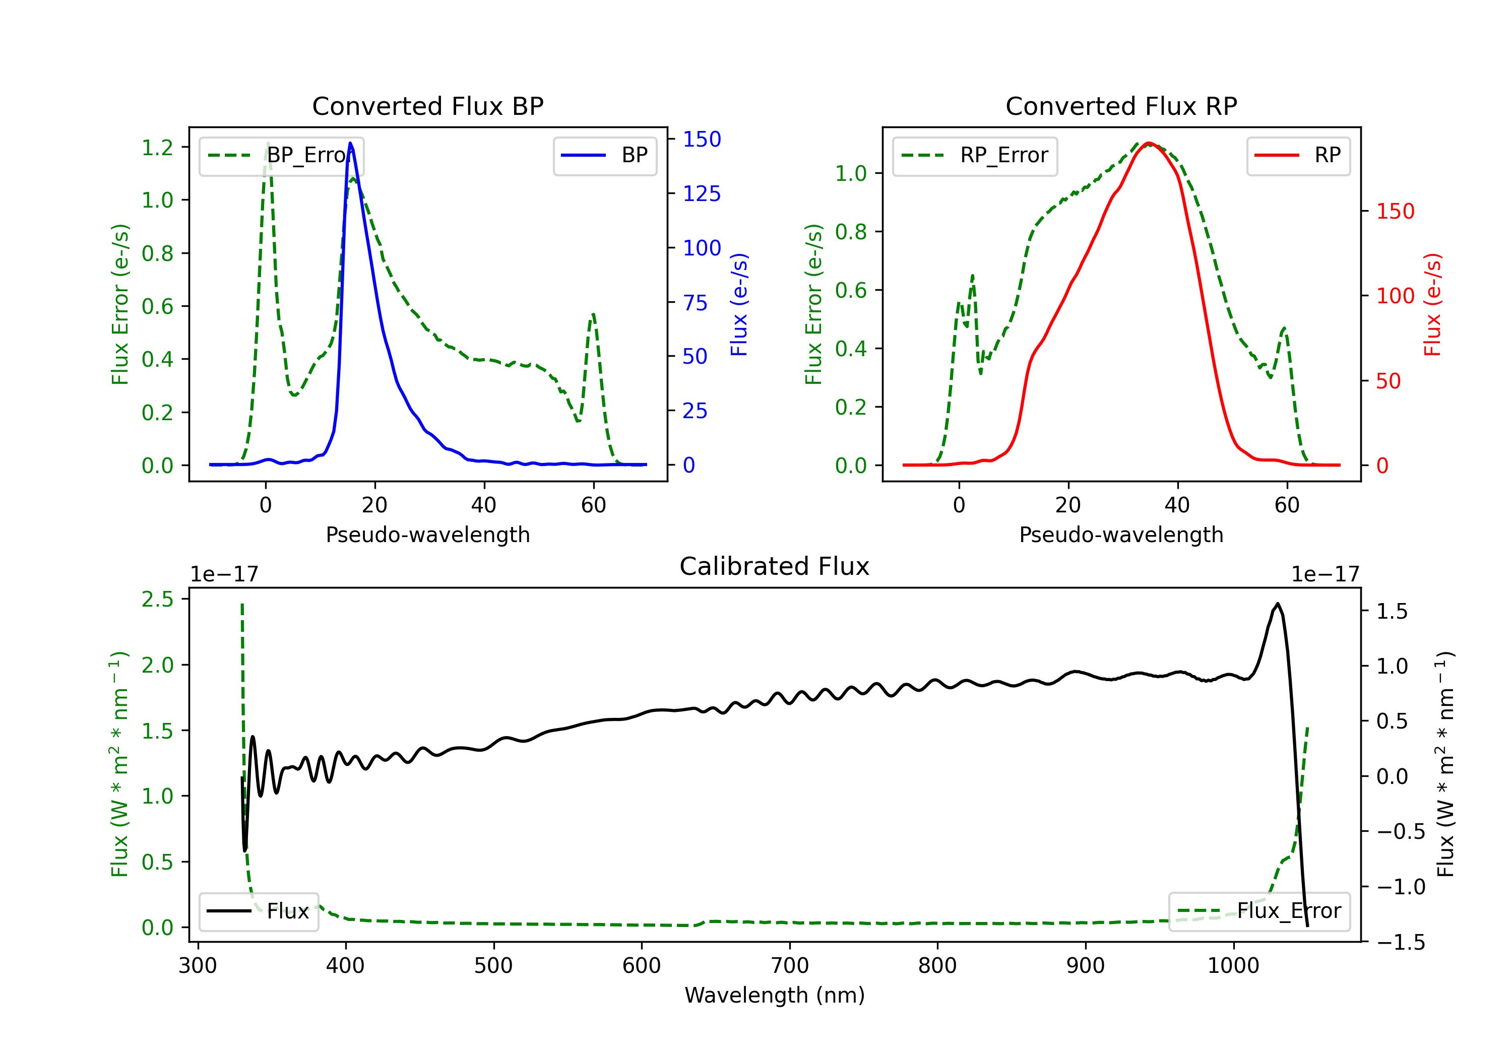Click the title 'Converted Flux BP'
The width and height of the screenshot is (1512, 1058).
coord(428,106)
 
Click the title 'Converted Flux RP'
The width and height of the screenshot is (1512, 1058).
coord(1121,106)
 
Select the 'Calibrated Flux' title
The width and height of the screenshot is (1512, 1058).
coord(775,566)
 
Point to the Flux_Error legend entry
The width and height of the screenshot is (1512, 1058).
coord(1259,912)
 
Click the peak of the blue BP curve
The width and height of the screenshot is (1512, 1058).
coord(350,143)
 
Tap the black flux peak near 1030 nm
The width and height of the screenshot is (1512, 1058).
coord(1278,604)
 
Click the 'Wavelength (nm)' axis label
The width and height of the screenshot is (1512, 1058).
coord(775,995)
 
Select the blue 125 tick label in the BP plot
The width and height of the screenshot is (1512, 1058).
coord(702,193)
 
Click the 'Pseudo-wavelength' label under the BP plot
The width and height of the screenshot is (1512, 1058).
coord(428,535)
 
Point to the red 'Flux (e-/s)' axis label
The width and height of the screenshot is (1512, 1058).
coord(1433,304)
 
